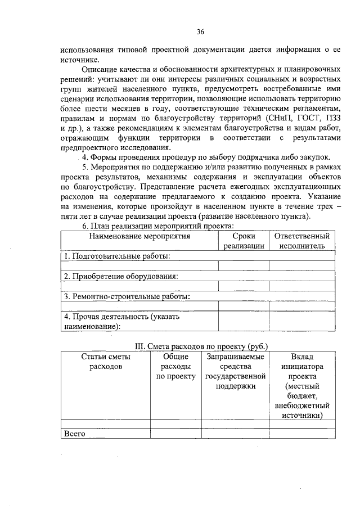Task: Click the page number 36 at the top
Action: point(200,31)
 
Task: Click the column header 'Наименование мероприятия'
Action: point(139,236)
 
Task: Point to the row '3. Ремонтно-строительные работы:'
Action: point(127,296)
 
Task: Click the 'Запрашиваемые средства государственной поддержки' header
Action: point(235,371)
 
